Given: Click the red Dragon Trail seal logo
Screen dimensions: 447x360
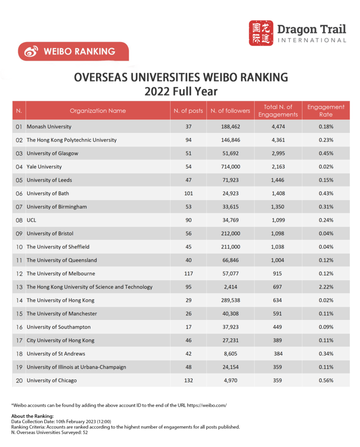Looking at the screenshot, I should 261,33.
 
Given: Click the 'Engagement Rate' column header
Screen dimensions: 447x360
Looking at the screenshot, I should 325,110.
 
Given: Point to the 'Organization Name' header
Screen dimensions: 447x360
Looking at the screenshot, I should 98,111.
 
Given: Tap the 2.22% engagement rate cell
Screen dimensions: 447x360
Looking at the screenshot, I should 325,287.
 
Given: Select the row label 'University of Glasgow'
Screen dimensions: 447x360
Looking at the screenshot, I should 52,154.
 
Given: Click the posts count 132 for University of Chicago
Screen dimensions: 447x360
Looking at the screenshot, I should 189,380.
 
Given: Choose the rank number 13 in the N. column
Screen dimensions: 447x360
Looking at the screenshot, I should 19,287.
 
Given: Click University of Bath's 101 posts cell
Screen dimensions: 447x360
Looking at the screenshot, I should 189,194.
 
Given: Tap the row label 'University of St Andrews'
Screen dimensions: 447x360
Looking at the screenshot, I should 56,354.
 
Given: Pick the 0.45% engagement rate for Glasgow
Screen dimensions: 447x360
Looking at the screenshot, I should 325,154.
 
